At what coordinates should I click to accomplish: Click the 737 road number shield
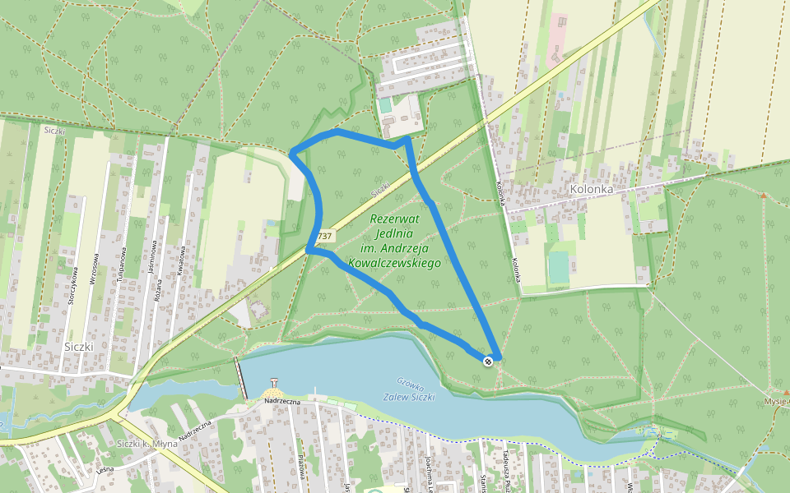tap(324, 236)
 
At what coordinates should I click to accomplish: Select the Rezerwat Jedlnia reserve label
tap(394, 241)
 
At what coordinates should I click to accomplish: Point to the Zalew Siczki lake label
tap(409, 397)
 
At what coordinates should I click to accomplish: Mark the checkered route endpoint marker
tap(489, 361)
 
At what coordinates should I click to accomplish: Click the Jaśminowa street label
tap(153, 264)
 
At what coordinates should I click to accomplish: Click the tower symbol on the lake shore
tap(274, 381)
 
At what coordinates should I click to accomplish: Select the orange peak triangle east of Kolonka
tap(764, 196)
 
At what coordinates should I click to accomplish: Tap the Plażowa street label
tap(302, 470)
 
